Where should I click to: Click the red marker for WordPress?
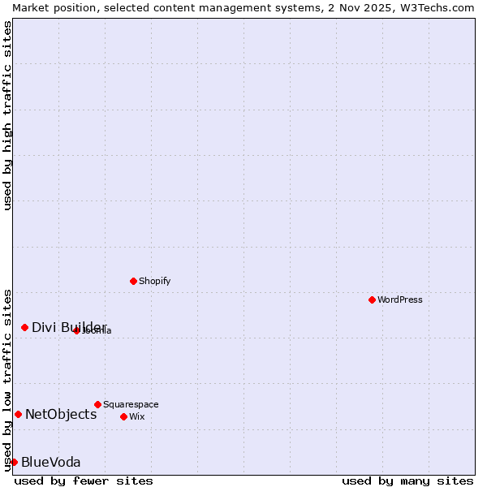pos(372,300)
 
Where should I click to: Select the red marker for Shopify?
pos(133,281)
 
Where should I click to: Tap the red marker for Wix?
pos(123,416)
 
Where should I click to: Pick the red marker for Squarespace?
pos(97,404)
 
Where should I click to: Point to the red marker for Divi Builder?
pos(24,327)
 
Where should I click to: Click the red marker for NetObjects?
pos(18,414)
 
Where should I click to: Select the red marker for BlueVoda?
pos(14,462)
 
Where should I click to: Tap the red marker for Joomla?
pos(76,330)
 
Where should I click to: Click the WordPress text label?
pos(400,300)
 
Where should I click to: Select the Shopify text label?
pos(154,281)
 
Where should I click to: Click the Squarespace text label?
pos(131,404)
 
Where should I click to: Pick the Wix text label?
pos(136,416)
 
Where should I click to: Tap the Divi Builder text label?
pos(69,327)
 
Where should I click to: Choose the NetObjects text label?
pos(61,414)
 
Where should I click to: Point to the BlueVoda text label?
pos(50,462)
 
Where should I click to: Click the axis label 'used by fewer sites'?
pos(84,481)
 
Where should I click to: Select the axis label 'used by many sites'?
pos(407,481)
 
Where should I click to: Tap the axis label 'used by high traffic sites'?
pos(7,115)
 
